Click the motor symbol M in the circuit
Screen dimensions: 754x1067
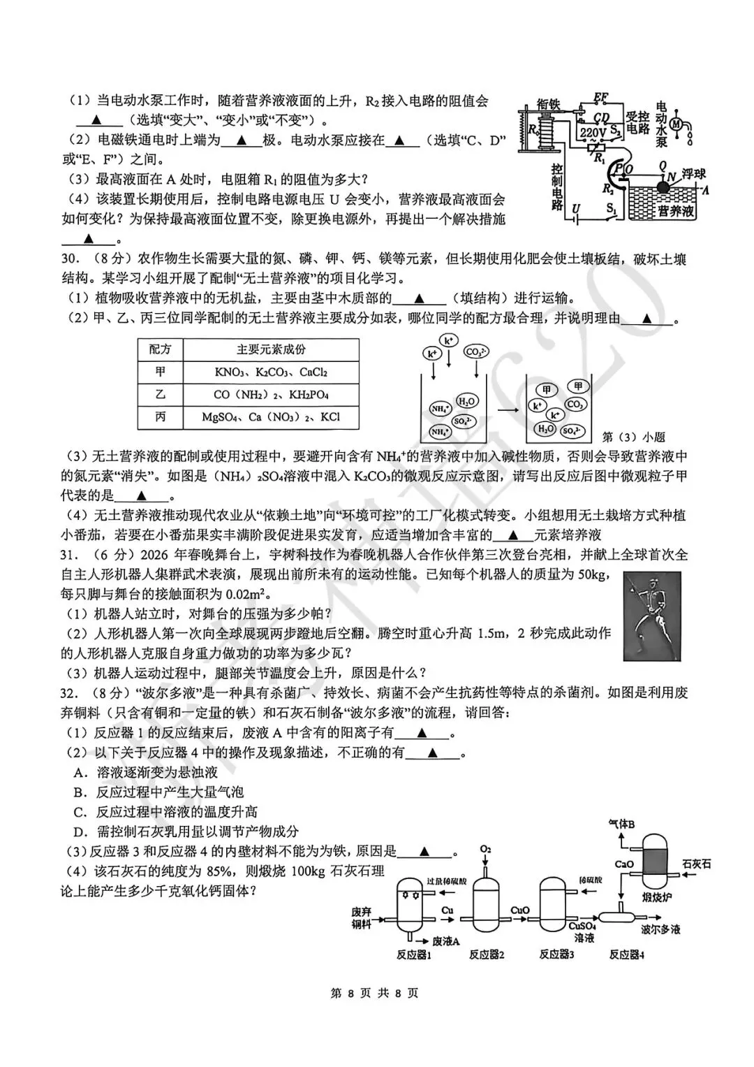[676, 124]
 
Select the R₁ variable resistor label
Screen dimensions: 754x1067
[598, 159]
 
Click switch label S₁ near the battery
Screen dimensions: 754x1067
[612, 207]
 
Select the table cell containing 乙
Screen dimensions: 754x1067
[161, 395]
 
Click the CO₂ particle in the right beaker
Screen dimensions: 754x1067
[576, 405]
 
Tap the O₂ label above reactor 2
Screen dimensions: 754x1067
[486, 849]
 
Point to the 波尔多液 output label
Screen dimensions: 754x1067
[660, 929]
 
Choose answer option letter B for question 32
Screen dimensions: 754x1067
[79, 792]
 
